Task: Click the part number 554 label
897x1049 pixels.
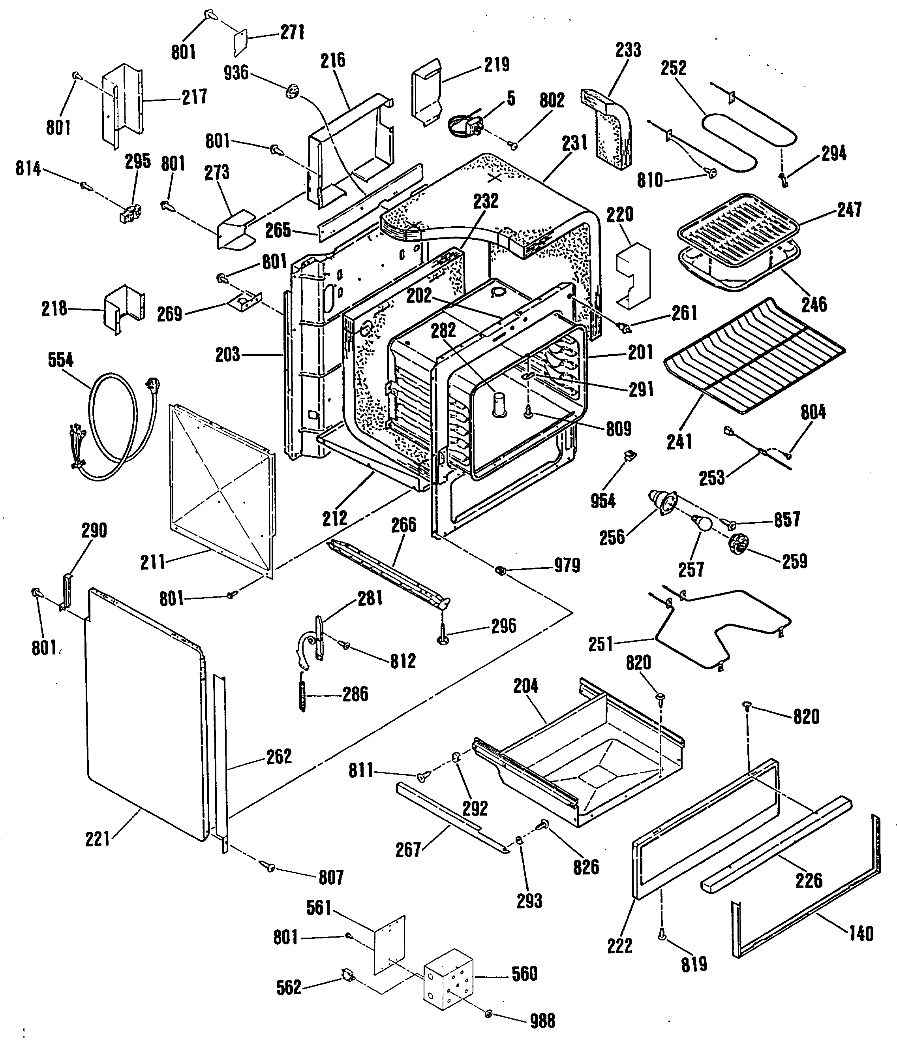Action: (x=61, y=361)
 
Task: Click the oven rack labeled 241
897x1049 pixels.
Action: (x=754, y=354)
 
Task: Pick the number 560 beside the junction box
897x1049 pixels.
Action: (x=524, y=974)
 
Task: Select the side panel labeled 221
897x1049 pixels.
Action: (x=144, y=714)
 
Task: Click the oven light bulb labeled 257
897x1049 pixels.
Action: (x=702, y=523)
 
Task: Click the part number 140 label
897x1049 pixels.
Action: (x=861, y=933)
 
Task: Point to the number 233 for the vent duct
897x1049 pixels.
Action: (x=628, y=50)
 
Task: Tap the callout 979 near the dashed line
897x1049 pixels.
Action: (x=567, y=566)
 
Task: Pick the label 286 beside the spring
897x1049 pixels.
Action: (x=355, y=694)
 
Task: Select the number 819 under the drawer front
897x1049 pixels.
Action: (x=694, y=964)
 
